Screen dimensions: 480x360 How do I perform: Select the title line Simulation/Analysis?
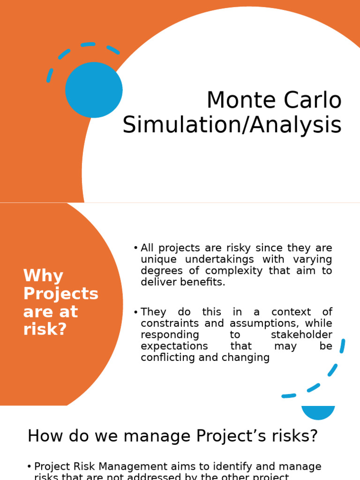coord(232,125)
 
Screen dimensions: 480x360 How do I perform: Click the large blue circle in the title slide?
coord(94,90)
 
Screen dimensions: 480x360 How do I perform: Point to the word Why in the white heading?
coord(43,276)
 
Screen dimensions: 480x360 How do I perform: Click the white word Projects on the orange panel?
coord(61,294)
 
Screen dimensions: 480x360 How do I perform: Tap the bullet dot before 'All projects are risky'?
coord(135,248)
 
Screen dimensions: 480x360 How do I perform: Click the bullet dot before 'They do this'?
coord(135,312)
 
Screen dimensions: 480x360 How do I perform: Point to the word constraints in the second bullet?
coord(165,323)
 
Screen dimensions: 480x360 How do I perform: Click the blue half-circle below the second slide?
coord(318,412)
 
